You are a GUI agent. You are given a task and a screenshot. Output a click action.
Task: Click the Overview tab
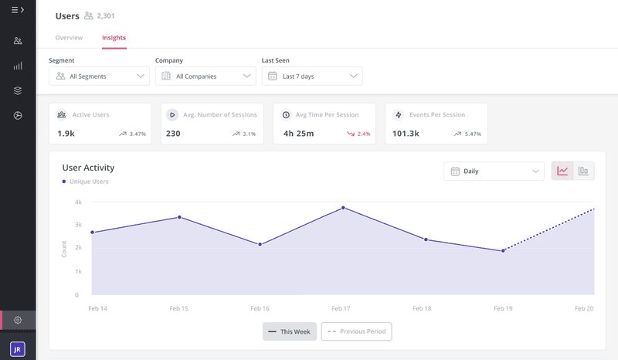point(69,37)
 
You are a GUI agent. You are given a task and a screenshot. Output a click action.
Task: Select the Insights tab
point(114,37)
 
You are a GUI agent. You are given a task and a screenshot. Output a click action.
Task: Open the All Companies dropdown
point(205,76)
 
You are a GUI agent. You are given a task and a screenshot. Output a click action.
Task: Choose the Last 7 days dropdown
point(312,76)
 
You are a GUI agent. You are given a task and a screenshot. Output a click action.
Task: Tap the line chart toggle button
point(562,171)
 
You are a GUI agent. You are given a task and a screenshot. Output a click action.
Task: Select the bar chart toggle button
point(583,171)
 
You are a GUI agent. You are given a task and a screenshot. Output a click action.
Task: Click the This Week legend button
point(290,331)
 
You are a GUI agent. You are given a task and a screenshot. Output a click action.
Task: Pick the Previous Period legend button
point(357,331)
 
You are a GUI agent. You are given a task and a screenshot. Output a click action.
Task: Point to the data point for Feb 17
point(343,208)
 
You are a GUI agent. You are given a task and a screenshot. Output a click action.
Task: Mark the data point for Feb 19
point(503,250)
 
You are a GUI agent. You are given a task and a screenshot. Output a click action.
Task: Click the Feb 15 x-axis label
point(179,307)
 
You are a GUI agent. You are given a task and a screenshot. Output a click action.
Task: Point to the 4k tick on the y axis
point(77,202)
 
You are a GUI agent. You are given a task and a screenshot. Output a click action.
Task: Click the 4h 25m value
point(299,134)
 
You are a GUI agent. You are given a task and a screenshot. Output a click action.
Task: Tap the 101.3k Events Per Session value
point(406,134)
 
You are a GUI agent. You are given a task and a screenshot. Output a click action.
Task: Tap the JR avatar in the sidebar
point(18,349)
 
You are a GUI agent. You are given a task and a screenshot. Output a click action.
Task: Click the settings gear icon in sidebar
point(18,320)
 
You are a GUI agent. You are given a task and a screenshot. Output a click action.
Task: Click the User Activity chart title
point(88,168)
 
